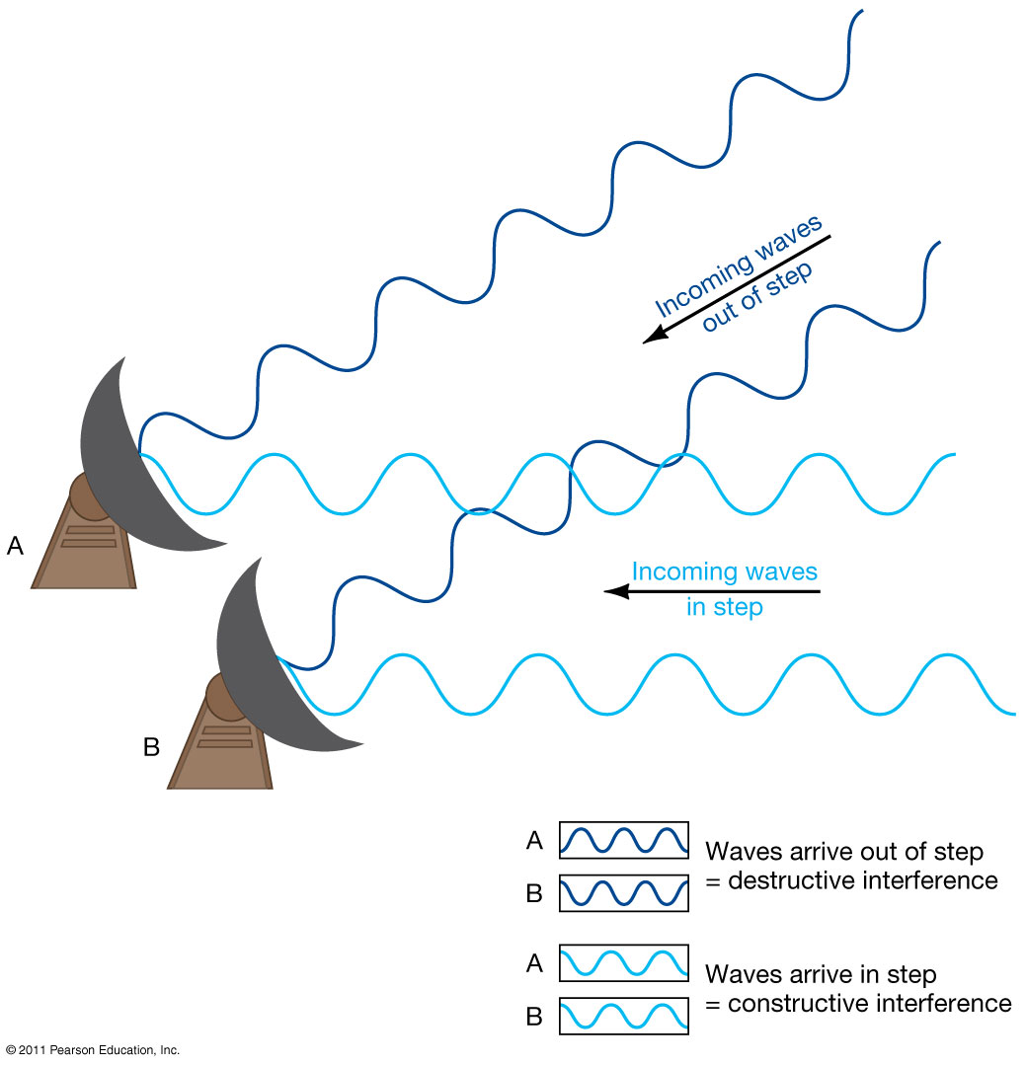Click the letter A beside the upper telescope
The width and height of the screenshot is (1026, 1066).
pos(15,545)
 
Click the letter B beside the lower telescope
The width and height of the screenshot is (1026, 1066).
pos(151,747)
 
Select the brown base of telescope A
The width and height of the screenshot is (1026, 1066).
pos(84,553)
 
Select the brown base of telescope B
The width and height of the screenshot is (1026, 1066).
pos(219,755)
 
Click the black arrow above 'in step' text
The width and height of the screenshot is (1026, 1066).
pos(711,592)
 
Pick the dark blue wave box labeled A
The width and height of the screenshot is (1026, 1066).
pos(623,840)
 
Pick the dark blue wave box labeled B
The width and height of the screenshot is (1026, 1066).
pos(623,893)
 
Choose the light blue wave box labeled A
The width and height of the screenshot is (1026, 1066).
pos(623,963)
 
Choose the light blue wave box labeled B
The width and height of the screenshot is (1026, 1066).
pos(623,1016)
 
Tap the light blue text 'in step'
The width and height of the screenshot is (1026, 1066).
pos(724,607)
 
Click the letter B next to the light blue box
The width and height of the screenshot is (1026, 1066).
pos(534,1017)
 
